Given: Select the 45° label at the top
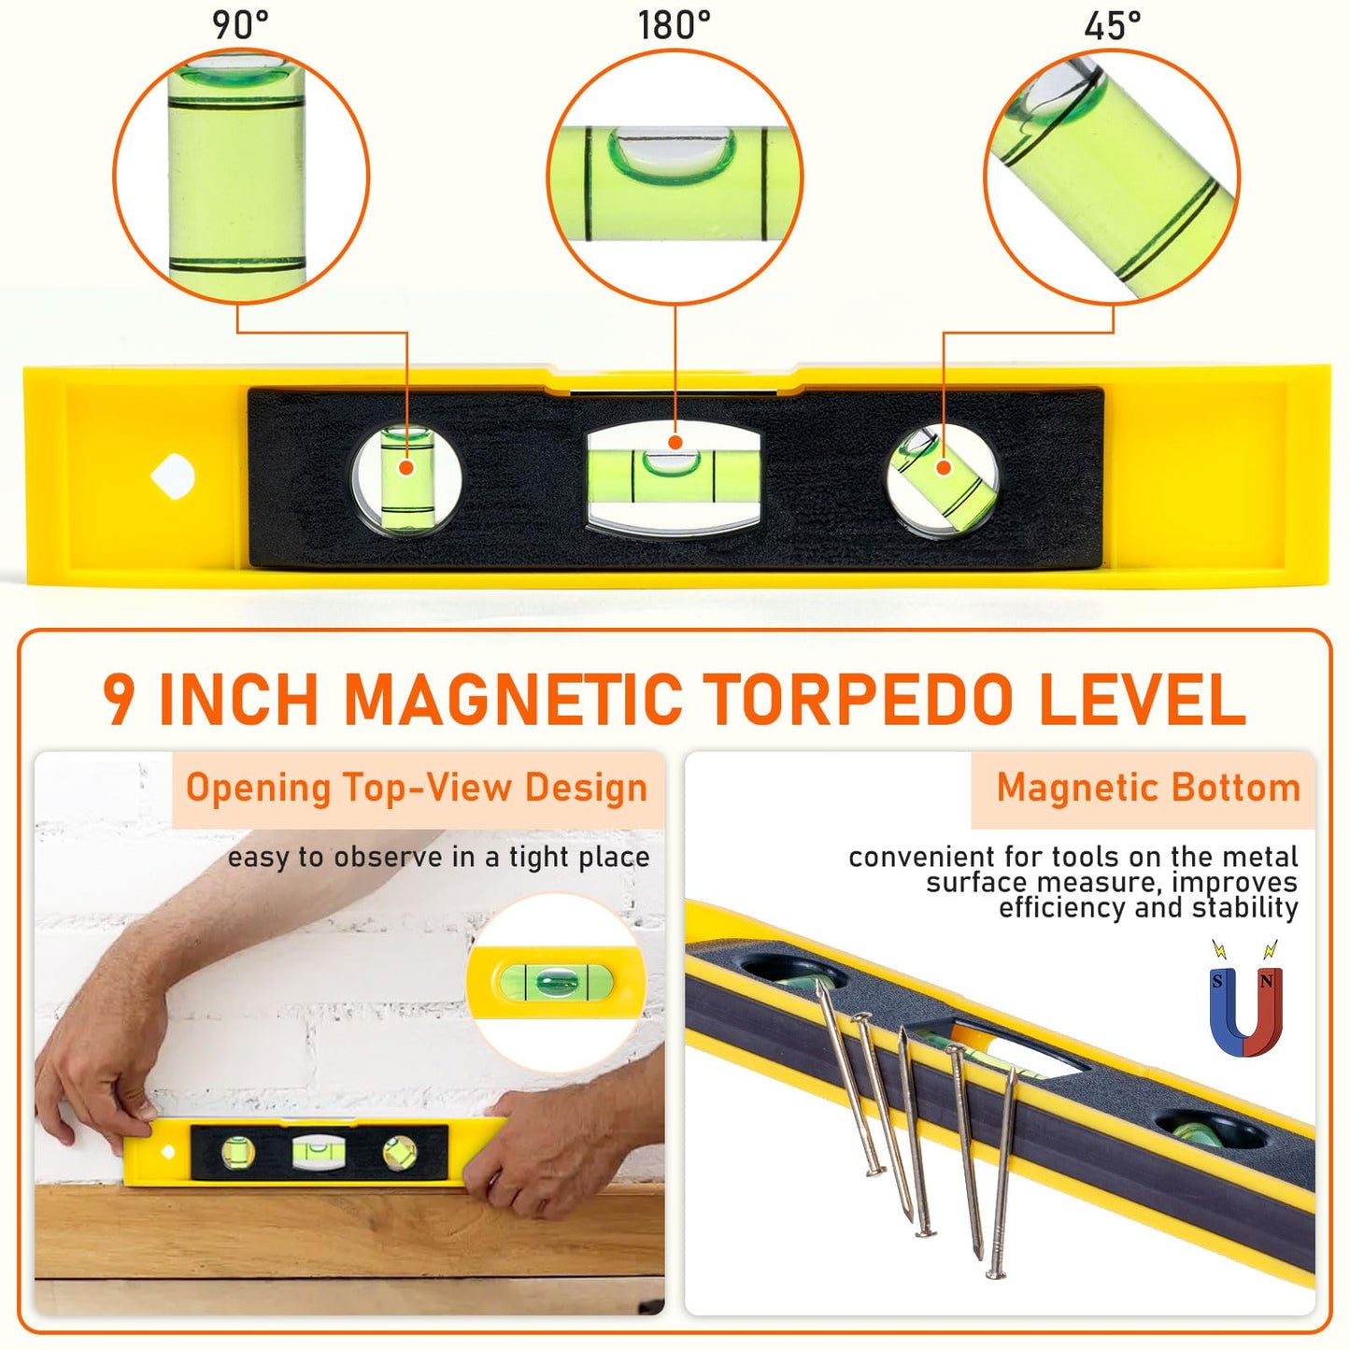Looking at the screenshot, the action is click(1113, 26).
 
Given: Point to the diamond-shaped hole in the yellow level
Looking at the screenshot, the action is click(172, 476).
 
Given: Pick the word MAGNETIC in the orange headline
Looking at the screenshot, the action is click(514, 699).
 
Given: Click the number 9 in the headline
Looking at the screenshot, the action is click(119, 699).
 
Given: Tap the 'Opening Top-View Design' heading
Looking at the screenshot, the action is click(417, 789).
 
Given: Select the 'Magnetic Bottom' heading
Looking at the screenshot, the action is click(1149, 788).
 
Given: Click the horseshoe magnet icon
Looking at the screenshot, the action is click(1246, 1009).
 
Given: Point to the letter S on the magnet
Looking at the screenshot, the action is click(1217, 982).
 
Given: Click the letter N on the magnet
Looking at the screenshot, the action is click(1266, 982).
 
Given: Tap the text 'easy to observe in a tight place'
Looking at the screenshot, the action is click(439, 859).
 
